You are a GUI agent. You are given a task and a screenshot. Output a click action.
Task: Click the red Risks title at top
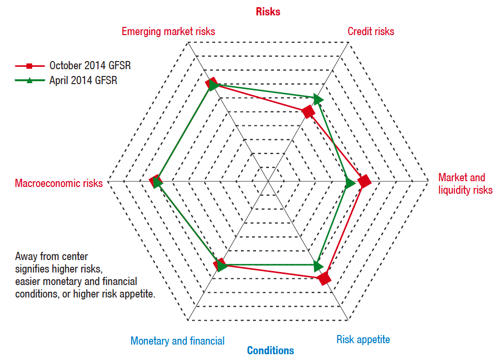[x=268, y=12]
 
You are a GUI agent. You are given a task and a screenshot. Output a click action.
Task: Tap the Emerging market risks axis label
[x=168, y=31]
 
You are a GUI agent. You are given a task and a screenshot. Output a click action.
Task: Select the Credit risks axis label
[x=371, y=31]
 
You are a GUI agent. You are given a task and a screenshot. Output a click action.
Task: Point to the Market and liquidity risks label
[x=465, y=184]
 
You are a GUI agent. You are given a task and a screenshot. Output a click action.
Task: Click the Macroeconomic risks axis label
[x=59, y=183]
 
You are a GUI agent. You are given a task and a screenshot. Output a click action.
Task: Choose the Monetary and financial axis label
[x=177, y=341]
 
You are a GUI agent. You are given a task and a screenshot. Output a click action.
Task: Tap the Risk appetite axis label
[x=363, y=340]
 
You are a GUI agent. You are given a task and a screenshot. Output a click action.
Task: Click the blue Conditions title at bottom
[x=270, y=350]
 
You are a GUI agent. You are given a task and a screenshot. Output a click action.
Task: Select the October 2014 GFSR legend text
[x=90, y=66]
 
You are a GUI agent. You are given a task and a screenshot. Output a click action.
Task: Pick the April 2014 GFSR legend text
[x=83, y=80]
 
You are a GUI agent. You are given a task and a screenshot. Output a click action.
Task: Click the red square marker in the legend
[x=29, y=66]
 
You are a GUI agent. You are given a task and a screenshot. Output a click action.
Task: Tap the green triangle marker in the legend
[x=29, y=80]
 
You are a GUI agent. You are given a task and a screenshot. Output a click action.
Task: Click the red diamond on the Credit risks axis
[x=308, y=112]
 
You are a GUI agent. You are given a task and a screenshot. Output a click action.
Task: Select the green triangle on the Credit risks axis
[x=317, y=99]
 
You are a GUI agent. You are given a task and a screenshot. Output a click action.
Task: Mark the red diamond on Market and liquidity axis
[x=364, y=182]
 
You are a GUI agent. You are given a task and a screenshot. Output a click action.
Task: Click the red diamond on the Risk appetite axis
[x=325, y=278]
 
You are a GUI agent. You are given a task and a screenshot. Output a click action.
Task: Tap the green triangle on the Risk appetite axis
[x=317, y=265]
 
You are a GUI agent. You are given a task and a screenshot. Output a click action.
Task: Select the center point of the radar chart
[x=268, y=182]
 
